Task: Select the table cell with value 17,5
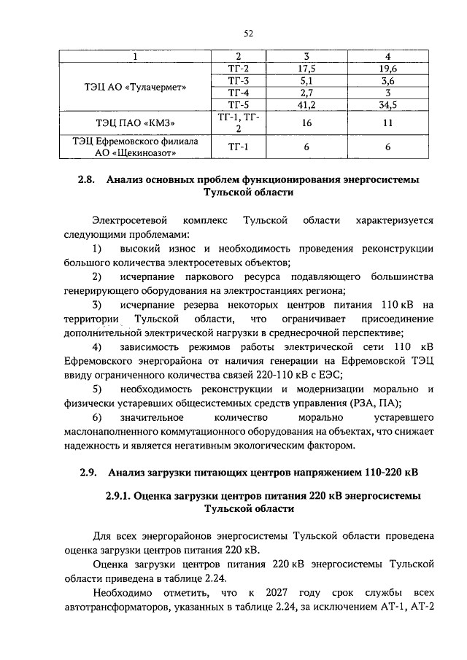(306, 69)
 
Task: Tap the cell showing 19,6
(388, 69)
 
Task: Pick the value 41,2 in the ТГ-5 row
(306, 106)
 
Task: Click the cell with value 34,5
(388, 106)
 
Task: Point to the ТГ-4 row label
(239, 93)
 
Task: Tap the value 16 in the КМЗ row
(306, 123)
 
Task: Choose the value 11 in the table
(388, 123)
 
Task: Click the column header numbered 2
(239, 56)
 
